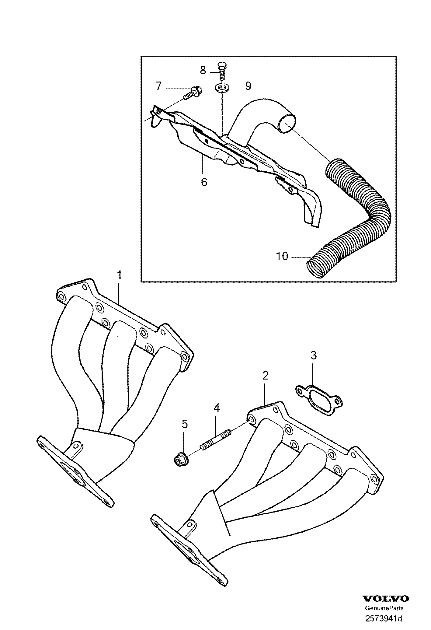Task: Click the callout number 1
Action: [120, 275]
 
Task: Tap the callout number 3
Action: [314, 355]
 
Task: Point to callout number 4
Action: [216, 408]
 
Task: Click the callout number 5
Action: [185, 424]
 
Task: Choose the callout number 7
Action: [158, 87]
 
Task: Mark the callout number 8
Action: [203, 71]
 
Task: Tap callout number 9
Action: [248, 86]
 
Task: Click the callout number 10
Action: [282, 256]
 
